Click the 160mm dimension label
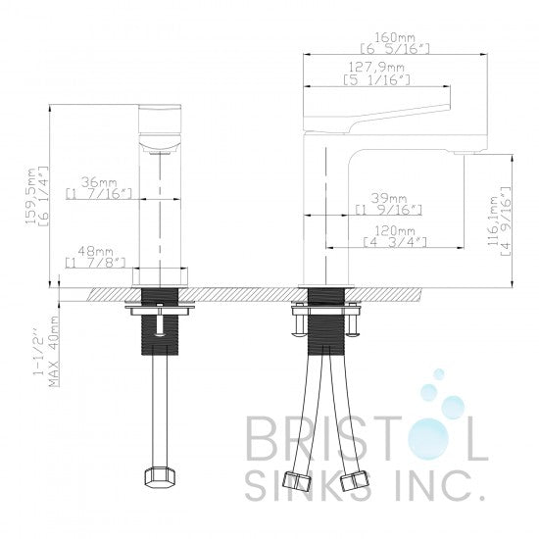[395, 37]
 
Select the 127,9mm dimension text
[376, 67]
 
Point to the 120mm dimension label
[395, 230]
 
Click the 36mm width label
[99, 182]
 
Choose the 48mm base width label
[96, 251]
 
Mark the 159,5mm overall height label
[32, 197]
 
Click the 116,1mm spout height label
[495, 220]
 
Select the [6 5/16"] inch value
[395, 49]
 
